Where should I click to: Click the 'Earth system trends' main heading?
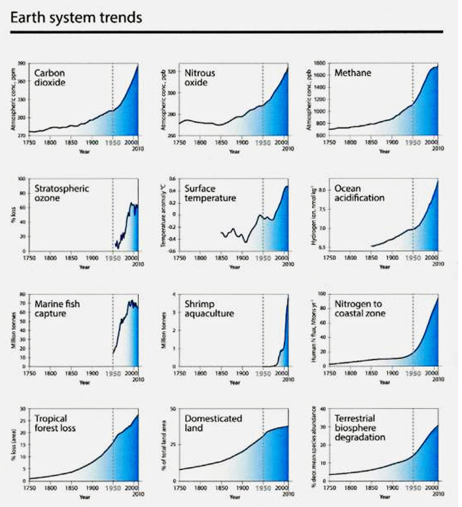pyautogui.click(x=76, y=18)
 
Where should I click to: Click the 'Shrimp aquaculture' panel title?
pyautogui.click(x=209, y=309)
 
